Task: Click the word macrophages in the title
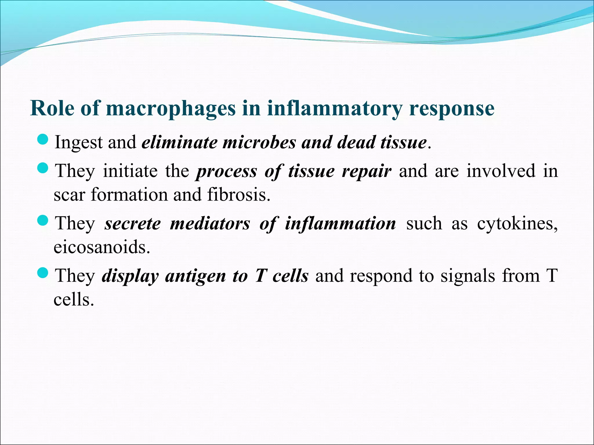[x=171, y=109]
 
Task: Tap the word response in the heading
[x=452, y=109]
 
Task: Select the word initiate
[x=130, y=171]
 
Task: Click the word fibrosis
[x=239, y=194]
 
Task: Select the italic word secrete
[x=133, y=224]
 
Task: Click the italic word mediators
[x=210, y=224]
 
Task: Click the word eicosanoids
[x=102, y=247]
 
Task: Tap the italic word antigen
[x=195, y=276]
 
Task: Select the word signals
[x=468, y=276]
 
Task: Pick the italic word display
[x=130, y=276]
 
